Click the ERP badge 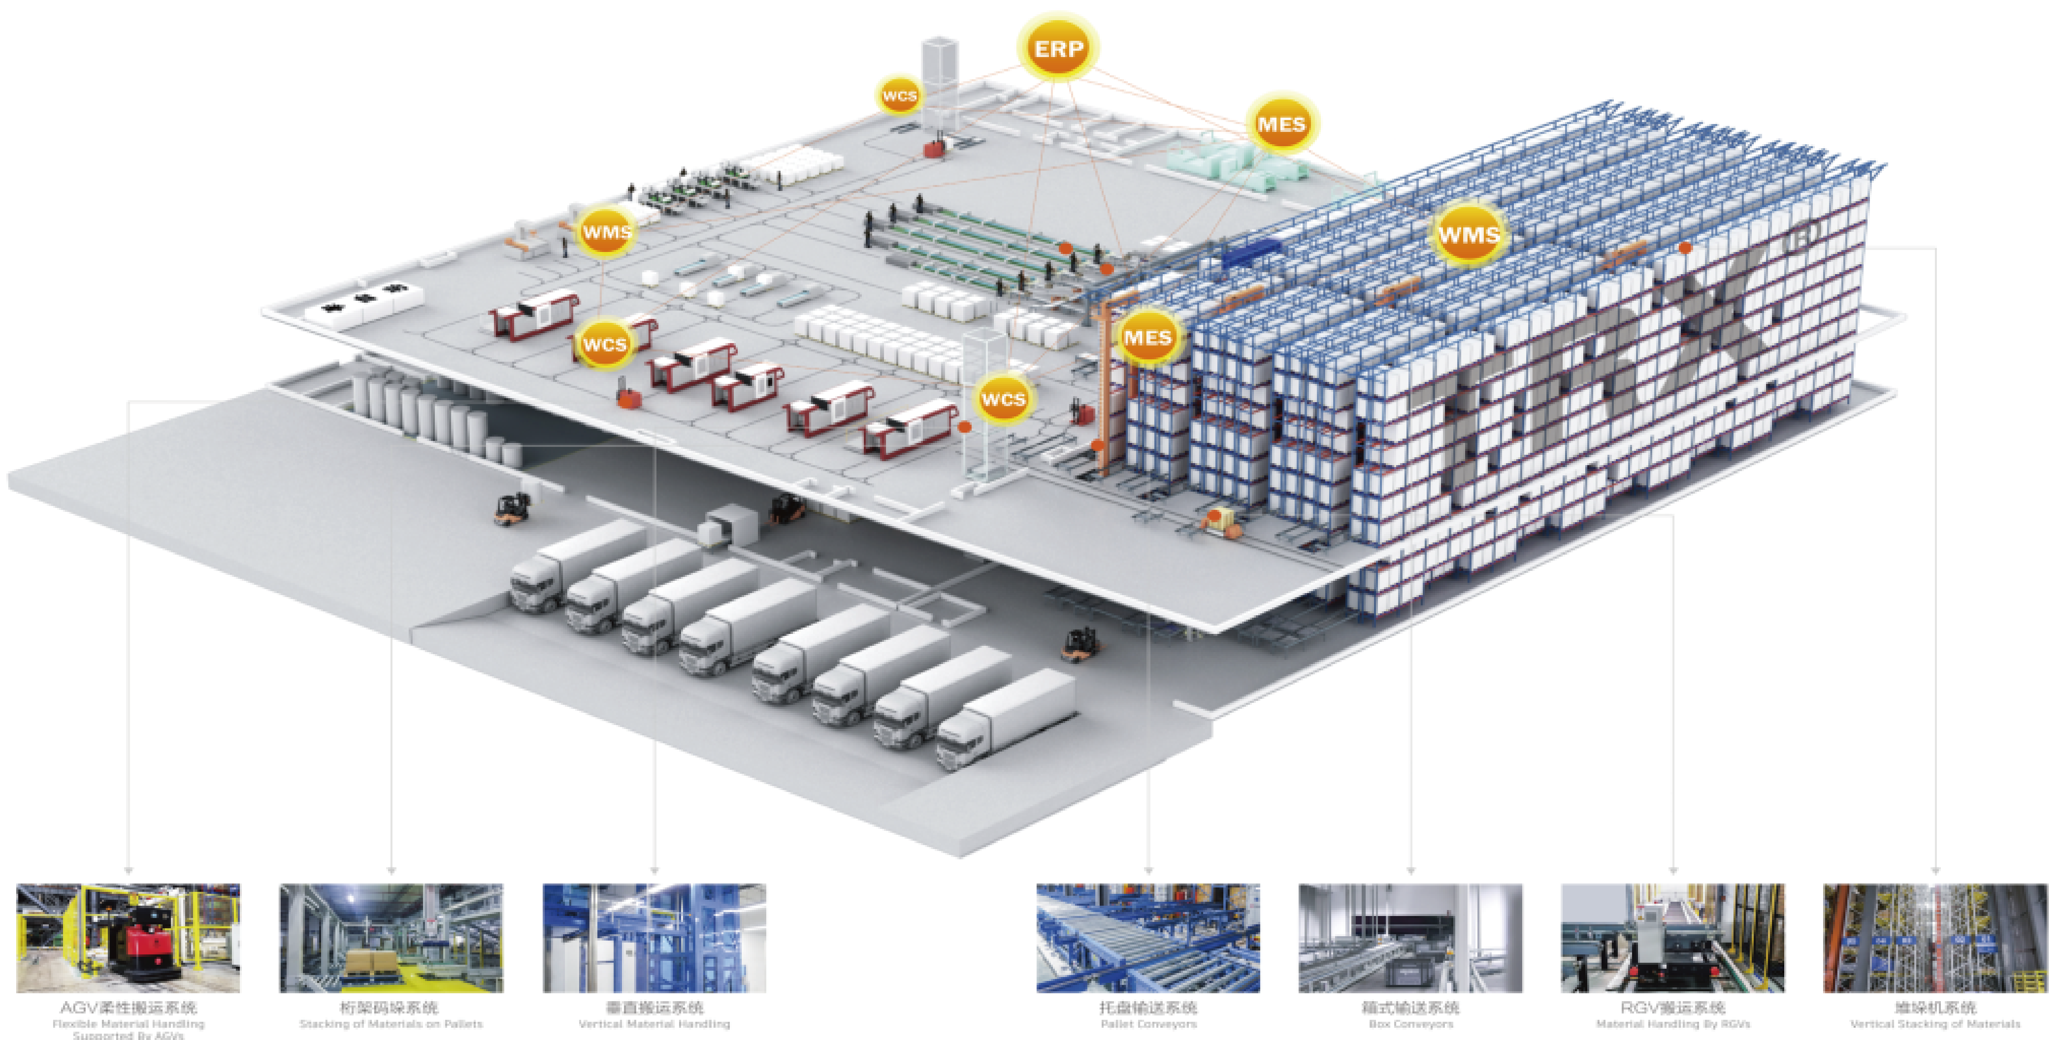coord(1058,49)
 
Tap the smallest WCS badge coord(899,96)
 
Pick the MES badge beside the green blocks coord(1281,124)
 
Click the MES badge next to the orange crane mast coord(1148,338)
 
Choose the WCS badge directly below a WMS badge coord(605,344)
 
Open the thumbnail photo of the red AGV coord(128,938)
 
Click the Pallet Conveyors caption coord(1148,1024)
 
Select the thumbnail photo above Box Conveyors coord(1410,938)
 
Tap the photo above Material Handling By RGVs coord(1673,938)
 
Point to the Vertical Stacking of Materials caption coord(1935,1024)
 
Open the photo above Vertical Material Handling coord(654,938)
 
